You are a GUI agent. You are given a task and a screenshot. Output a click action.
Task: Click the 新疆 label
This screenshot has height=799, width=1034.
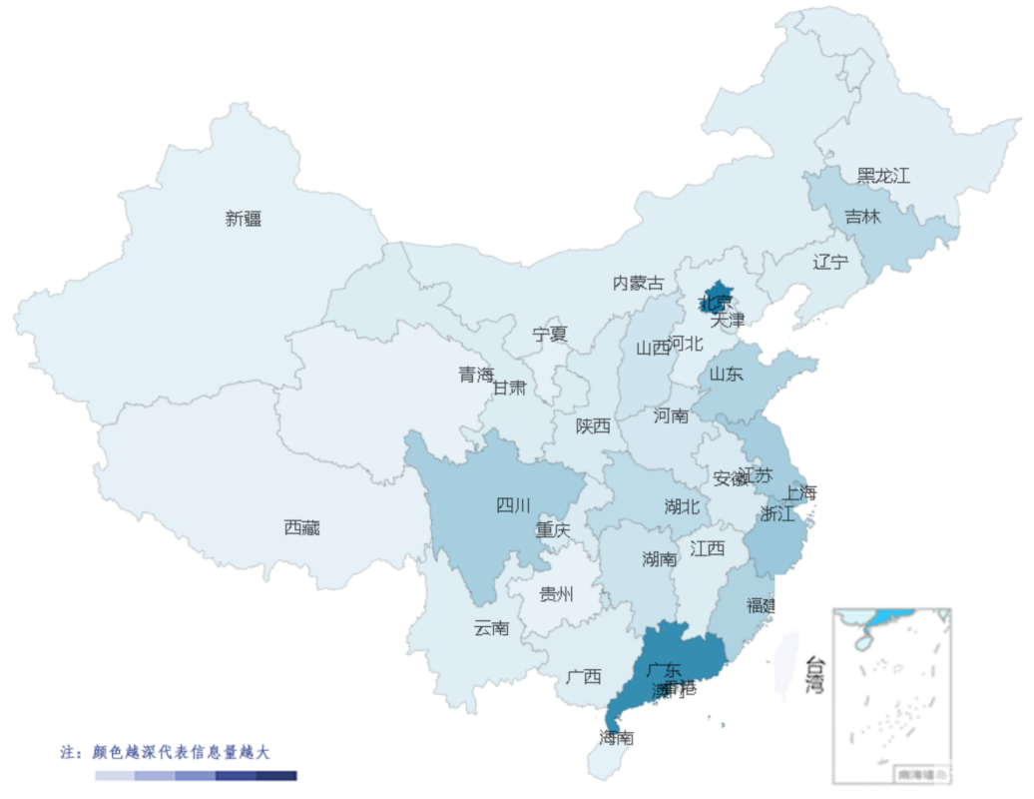244,219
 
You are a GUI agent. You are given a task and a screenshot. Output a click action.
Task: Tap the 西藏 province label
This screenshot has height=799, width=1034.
301,527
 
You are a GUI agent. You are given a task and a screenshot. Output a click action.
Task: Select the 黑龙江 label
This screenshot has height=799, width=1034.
883,176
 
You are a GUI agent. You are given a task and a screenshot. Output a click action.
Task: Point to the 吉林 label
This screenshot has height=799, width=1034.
862,216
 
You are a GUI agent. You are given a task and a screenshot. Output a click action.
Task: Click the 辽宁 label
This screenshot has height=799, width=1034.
830,263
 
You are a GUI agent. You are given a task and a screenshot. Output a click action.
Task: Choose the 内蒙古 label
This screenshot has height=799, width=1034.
638,284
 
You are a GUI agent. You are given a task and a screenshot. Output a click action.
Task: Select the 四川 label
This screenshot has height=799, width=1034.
513,505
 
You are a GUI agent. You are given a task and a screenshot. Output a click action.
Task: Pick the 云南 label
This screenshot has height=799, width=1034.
491,628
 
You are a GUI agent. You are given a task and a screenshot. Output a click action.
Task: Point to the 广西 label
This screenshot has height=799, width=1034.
583,676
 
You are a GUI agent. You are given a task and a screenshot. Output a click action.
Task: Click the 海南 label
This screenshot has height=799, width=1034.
617,738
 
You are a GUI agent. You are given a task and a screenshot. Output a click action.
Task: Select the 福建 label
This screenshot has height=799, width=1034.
762,605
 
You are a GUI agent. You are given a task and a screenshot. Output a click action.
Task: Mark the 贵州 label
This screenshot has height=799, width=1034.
557,595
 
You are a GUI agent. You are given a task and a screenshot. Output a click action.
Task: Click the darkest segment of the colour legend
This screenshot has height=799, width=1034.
276,775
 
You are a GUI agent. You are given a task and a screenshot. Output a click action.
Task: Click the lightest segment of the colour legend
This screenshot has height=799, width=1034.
115,775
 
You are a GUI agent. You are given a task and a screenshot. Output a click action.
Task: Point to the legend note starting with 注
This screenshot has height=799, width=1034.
165,751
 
